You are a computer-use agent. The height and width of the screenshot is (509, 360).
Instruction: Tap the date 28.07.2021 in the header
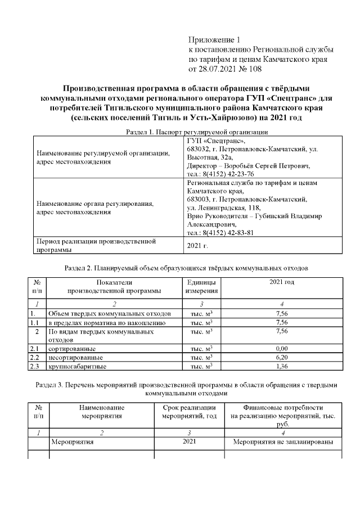click(217, 69)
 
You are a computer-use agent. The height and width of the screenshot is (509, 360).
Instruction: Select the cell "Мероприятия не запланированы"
click(283, 442)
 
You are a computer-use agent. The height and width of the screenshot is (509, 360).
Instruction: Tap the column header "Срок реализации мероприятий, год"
click(189, 412)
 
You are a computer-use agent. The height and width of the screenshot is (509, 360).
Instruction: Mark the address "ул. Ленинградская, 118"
click(223, 208)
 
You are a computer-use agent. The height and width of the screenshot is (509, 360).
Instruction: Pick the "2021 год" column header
click(282, 282)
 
